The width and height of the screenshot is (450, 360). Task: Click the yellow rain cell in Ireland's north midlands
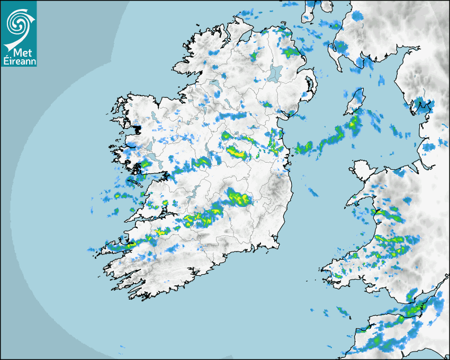[x=237, y=153]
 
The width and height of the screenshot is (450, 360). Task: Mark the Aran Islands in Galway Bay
[x=135, y=183]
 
